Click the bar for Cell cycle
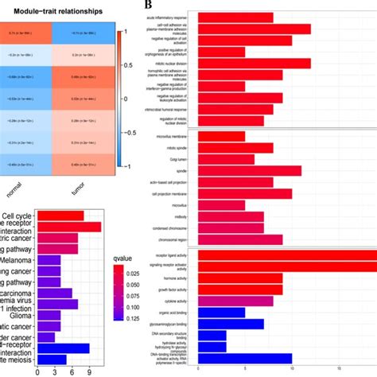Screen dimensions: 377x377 click(60, 216)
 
